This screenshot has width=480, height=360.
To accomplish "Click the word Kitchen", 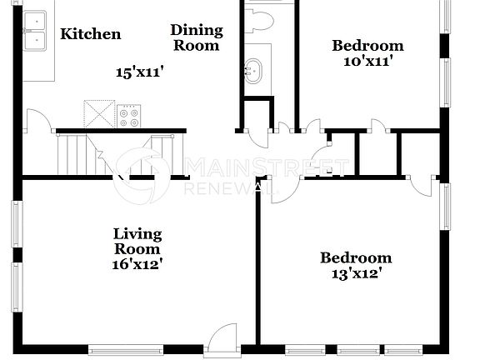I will coord(91,34).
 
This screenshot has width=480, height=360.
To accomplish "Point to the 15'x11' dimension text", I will coord(138,72).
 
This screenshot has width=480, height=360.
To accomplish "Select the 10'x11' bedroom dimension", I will coord(367,60).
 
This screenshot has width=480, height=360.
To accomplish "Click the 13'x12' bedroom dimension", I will coord(356,272).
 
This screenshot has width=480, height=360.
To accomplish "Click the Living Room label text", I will coord(137,241).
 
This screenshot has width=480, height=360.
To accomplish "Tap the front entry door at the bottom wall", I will coord(222,339).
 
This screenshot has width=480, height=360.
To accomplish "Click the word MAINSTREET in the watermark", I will coord(267,166).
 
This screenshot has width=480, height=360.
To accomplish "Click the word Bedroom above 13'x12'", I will coord(356,257).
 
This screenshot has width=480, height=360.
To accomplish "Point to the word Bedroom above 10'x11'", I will coord(367,46).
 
